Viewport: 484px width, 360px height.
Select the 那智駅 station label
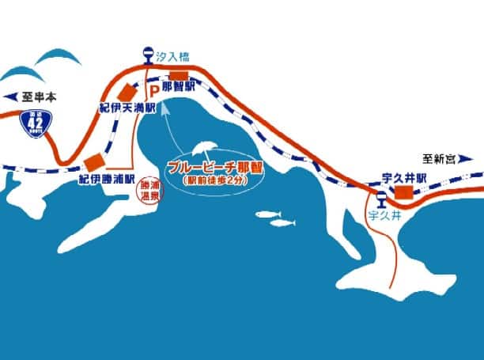pyautogui.click(x=180, y=85)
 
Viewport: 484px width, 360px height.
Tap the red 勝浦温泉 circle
pyautogui.click(x=150, y=192)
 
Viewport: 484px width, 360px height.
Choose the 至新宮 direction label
pyautogui.click(x=439, y=157)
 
